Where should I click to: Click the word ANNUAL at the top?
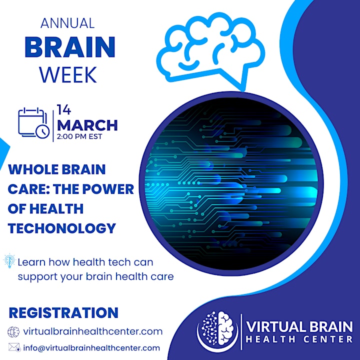[67, 23]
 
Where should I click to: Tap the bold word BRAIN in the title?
[70, 47]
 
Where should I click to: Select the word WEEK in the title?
[68, 75]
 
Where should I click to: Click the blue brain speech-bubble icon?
[211, 51]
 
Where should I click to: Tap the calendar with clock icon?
[34, 123]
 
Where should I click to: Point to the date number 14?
[64, 109]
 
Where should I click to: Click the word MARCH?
[87, 125]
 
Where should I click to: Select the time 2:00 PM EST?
[79, 136]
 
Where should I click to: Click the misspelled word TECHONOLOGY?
[62, 228]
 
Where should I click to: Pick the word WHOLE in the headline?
[33, 169]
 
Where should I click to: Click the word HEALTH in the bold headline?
[56, 208]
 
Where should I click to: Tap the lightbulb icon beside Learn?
[9, 261]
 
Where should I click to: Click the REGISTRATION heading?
[63, 312]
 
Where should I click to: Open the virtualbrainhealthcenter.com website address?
[93, 331]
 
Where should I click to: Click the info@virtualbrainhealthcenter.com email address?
[91, 348]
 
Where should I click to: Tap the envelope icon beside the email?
[14, 347]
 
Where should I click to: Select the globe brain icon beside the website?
[13, 332]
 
